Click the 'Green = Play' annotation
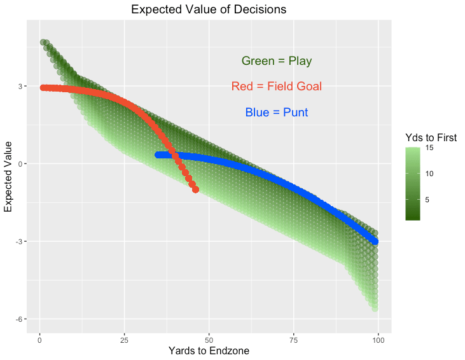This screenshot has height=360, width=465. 276,61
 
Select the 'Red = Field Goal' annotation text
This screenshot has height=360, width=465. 276,87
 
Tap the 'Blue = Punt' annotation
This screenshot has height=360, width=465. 276,113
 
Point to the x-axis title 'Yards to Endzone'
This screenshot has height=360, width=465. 209,350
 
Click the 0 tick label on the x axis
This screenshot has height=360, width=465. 39,339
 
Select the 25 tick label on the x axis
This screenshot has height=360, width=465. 124,339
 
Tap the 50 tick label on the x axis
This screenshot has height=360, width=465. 209,339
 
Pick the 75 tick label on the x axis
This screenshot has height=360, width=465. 293,339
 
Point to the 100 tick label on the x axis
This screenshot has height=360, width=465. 378,339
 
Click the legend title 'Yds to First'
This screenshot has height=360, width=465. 431,137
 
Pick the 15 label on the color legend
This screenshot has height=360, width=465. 429,148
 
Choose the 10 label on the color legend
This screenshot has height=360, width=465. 429,173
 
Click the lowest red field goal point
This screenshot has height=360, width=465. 195,190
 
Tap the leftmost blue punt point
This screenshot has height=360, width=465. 158,155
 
